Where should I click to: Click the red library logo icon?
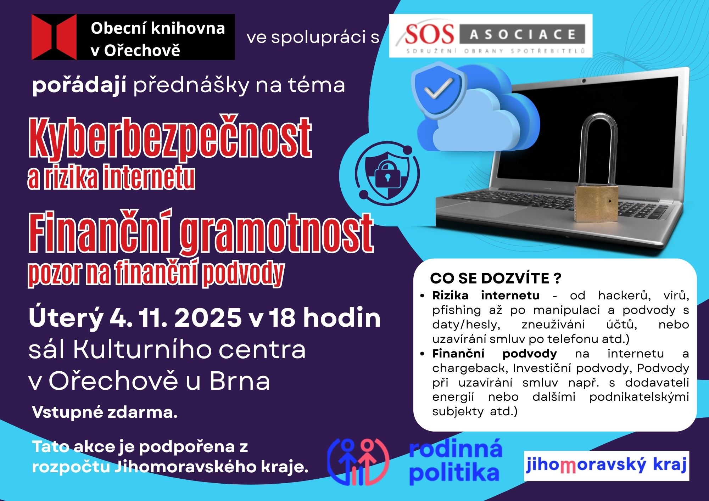54,37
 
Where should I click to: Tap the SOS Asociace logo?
491,36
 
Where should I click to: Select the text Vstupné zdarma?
105,412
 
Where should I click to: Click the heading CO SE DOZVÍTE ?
496,278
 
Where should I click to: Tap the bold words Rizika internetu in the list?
486,295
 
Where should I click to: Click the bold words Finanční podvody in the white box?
495,354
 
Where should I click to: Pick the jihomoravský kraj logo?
606,466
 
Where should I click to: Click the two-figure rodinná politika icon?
358,462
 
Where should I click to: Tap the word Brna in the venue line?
240,381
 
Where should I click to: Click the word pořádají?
79,85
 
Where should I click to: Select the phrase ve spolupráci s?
313,38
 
